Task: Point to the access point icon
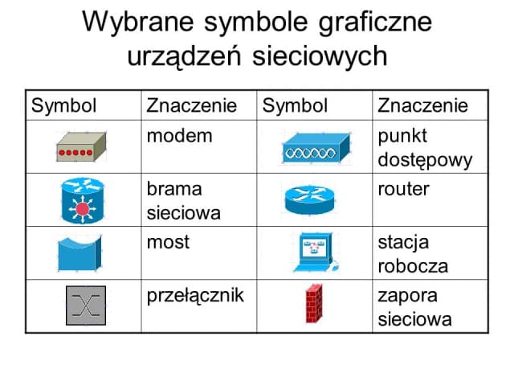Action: click(316, 147)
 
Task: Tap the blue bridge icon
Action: click(80, 253)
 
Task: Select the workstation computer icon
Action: click(315, 253)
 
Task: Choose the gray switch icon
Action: click(85, 306)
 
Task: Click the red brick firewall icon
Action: click(314, 305)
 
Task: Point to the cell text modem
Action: click(179, 135)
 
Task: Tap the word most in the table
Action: click(168, 241)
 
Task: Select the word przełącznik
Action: click(195, 294)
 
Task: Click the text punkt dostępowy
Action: click(424, 147)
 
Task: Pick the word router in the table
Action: click(403, 188)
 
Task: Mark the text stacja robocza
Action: click(413, 253)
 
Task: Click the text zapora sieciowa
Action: click(414, 306)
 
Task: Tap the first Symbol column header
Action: click(63, 106)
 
